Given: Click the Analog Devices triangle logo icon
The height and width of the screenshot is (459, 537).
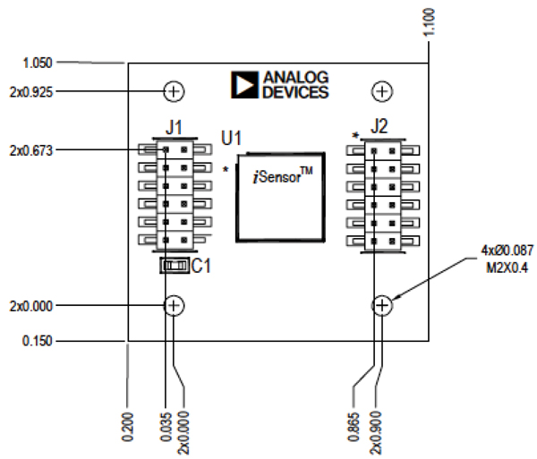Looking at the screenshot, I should [244, 84].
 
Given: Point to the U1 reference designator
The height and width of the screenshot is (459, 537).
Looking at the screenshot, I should [233, 139].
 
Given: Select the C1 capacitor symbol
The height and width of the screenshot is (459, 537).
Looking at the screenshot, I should [175, 266].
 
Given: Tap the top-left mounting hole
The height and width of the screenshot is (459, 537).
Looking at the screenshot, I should [174, 90].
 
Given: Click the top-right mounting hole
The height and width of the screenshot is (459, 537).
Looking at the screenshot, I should [382, 90].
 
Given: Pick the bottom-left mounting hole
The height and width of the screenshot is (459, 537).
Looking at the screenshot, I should [175, 306].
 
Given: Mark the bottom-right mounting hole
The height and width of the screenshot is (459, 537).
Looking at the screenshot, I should [382, 306].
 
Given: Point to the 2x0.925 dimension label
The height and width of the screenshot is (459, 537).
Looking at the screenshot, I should [30, 90].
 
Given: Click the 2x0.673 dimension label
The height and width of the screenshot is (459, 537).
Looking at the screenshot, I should [30, 149].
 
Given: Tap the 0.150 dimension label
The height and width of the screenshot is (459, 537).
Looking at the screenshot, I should [37, 341].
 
